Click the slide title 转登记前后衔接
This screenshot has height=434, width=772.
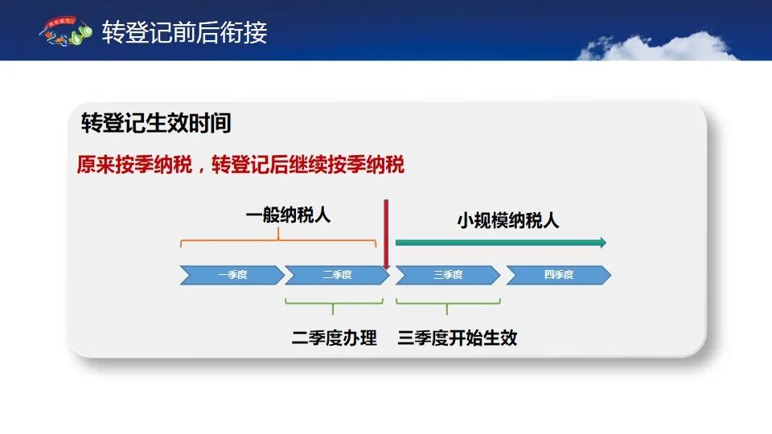pos(185,32)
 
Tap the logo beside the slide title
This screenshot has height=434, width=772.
pos(65,31)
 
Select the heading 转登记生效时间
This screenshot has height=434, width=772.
pos(156,122)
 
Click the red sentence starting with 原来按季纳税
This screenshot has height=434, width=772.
pos(240,164)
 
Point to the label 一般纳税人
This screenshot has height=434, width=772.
pos(288,215)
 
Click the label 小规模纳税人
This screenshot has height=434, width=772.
pos(508,220)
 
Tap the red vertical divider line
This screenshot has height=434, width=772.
pos(386,234)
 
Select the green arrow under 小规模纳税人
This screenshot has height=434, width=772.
pos(501,242)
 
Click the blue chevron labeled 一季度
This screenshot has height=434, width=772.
pos(232,275)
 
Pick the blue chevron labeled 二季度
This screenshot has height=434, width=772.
pos(337,275)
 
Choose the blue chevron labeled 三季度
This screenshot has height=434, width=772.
pos(448,275)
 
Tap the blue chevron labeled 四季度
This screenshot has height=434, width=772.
pos(559,275)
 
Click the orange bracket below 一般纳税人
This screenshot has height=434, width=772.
pos(278,240)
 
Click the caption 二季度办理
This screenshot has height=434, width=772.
pos(335,338)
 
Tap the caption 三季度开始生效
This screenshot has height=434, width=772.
pos(458,338)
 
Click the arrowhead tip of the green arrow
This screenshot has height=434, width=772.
pos(606,242)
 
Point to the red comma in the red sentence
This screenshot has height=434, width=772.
pos(201,170)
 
